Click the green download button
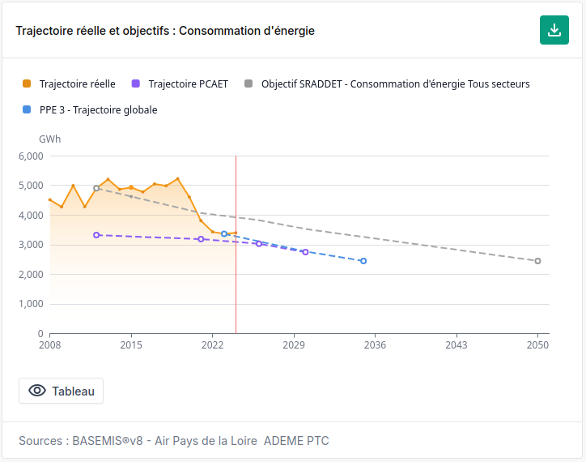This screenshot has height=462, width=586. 554,30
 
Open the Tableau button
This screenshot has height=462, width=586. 61,391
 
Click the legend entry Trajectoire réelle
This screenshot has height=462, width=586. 69,83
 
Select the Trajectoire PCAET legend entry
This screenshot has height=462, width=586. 180,83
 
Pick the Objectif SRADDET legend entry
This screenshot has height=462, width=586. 387,83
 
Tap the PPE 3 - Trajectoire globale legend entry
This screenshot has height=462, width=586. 90,109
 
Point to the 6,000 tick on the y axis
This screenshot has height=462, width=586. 31,156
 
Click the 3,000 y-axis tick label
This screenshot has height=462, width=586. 31,245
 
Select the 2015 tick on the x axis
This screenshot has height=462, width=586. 131,344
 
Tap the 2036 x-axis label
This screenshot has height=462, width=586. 375,344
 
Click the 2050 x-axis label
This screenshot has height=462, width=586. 537,344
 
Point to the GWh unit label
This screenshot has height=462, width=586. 49,139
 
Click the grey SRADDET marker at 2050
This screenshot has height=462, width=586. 537,261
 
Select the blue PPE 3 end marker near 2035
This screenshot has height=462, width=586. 363,261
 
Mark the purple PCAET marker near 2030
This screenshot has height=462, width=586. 305,252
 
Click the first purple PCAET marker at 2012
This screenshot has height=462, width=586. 96,235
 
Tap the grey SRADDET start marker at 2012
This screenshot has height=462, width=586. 96,188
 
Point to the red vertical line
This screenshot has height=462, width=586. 236,245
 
